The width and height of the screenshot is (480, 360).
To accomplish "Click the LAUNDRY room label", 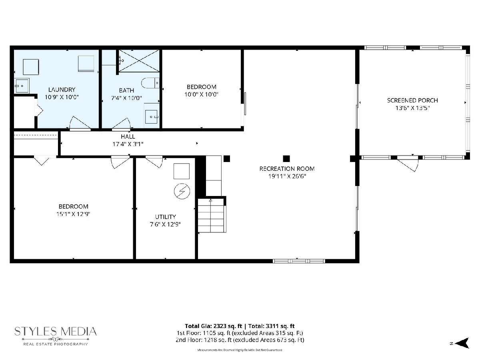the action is [62, 90].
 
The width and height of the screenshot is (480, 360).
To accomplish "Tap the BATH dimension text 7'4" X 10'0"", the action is [127, 98].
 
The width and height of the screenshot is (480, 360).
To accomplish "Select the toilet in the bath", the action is [150, 83].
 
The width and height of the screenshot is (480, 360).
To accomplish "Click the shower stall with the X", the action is [139, 60].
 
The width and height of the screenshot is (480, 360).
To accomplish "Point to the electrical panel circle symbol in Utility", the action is [182, 191].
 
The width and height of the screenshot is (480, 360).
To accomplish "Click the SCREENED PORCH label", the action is [412, 100].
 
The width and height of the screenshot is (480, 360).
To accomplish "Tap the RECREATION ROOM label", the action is [287, 169].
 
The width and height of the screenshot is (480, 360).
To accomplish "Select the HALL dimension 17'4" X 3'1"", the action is [128, 144].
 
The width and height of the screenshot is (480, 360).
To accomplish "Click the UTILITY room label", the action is [165, 217].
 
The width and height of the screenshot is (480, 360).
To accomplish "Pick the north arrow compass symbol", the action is [462, 343].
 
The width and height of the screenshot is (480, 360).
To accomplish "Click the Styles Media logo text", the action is [56, 332].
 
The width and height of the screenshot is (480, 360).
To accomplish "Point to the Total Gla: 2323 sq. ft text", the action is [214, 326].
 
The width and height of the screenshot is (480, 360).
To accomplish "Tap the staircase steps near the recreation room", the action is [212, 216].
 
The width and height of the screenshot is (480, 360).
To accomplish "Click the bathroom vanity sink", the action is [152, 116].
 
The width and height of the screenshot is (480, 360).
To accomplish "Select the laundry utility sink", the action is [22, 86].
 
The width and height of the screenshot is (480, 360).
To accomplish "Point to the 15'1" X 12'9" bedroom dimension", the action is [73, 214].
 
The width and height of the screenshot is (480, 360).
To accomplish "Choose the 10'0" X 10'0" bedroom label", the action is [202, 94].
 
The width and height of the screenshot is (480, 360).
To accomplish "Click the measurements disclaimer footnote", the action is [240, 350].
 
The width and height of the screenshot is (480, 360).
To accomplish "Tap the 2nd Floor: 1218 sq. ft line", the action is [240, 340].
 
